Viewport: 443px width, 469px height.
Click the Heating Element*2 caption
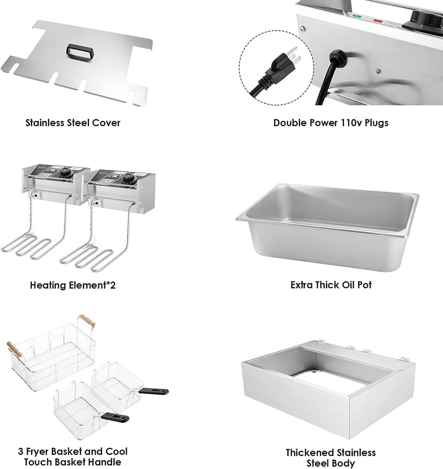point(73,285)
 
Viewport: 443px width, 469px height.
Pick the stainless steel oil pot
point(327,225)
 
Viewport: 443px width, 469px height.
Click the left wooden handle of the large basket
point(14,349)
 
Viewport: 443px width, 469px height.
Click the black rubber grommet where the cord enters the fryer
point(335,56)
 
